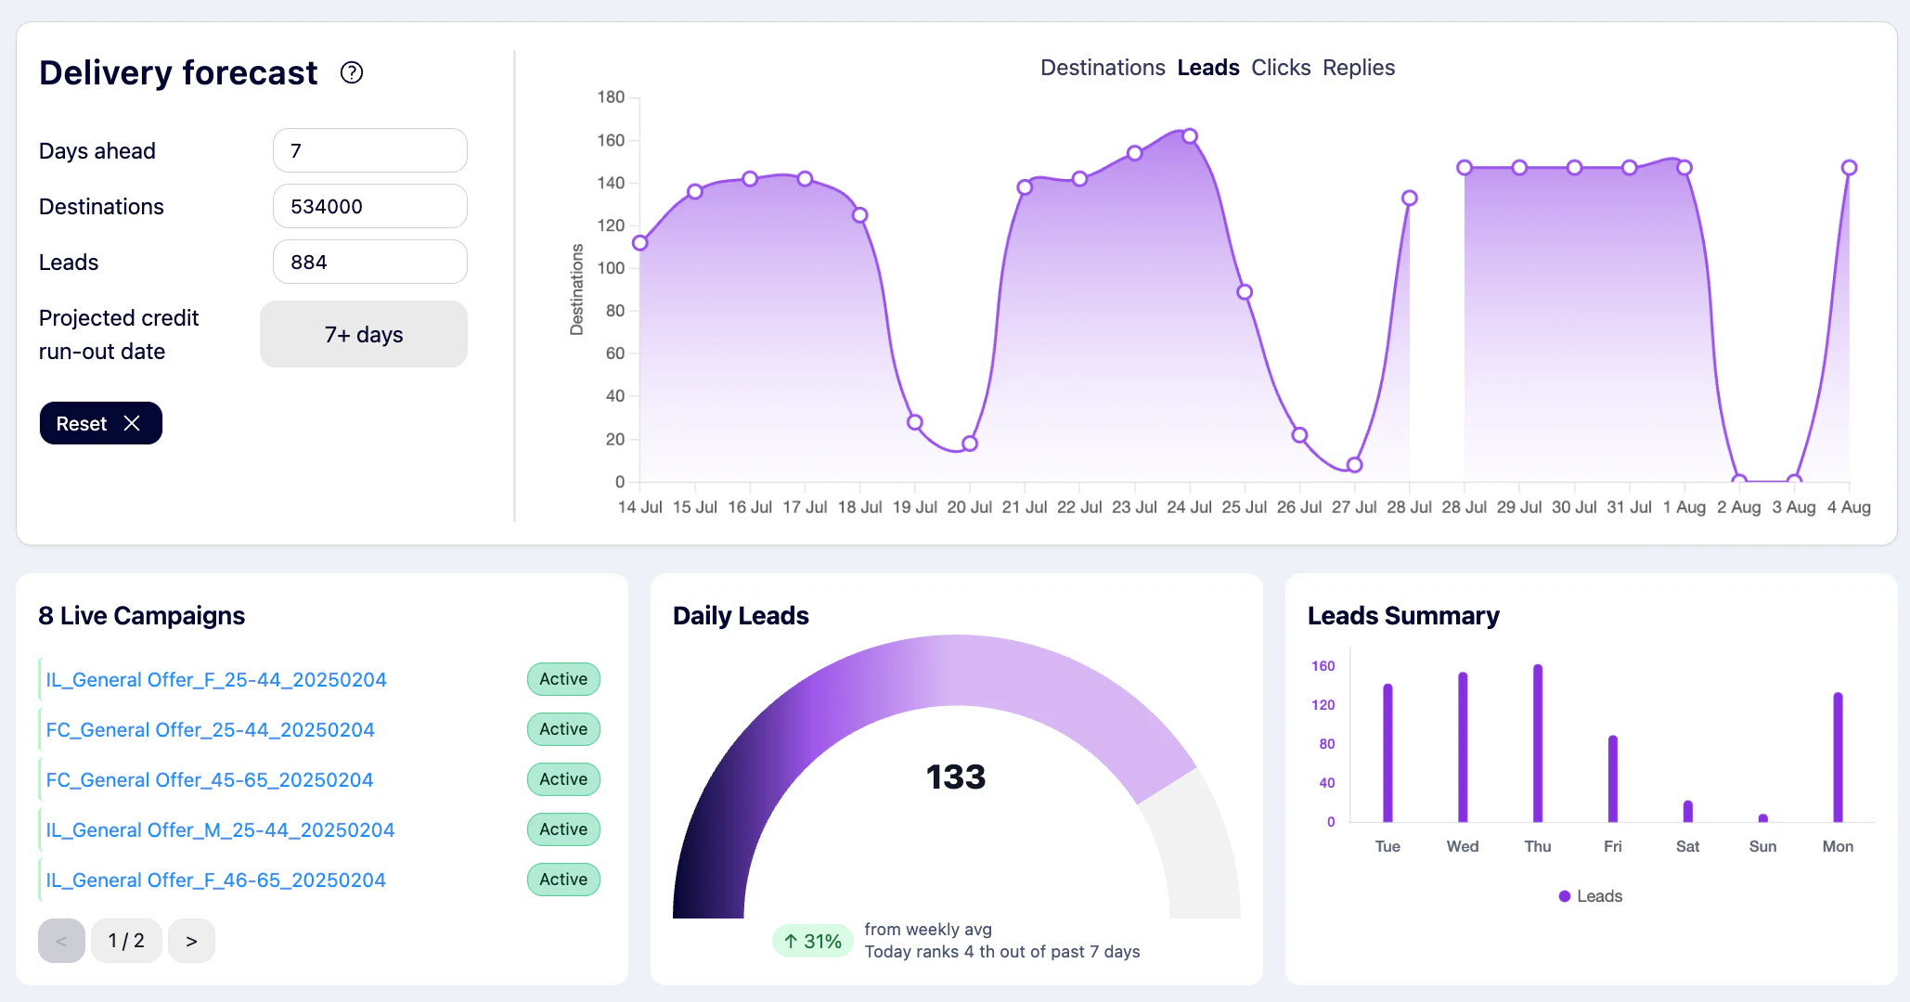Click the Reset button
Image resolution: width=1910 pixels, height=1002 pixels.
[x=100, y=423]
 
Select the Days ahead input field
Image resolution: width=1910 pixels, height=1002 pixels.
[x=369, y=150]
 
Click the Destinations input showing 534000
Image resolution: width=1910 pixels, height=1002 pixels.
[x=369, y=206]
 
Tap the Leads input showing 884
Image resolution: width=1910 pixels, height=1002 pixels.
[x=369, y=262]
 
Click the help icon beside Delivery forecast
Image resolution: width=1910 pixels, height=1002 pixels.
[x=352, y=72]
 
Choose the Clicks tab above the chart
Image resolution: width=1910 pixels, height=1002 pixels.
[x=1280, y=68]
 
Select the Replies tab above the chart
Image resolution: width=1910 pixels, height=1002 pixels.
[x=1358, y=68]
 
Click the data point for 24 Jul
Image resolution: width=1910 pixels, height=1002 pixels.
[x=1190, y=136]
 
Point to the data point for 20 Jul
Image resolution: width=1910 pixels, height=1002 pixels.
[x=970, y=443]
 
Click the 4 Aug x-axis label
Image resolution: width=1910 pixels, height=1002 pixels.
[x=1848, y=507]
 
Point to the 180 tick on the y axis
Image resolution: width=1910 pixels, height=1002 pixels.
[x=611, y=97]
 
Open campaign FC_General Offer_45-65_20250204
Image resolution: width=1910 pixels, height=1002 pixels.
[x=210, y=780]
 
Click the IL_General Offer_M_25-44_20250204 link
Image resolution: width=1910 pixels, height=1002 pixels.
[x=220, y=830]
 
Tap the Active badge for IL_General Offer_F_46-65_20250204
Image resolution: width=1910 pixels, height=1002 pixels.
[x=563, y=880]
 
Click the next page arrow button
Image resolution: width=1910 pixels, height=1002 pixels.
[x=191, y=941]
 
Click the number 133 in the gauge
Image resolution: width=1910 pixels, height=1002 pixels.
[x=955, y=777]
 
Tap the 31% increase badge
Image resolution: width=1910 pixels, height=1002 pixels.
[x=812, y=941]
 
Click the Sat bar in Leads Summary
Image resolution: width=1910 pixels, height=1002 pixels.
[x=1687, y=812]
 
